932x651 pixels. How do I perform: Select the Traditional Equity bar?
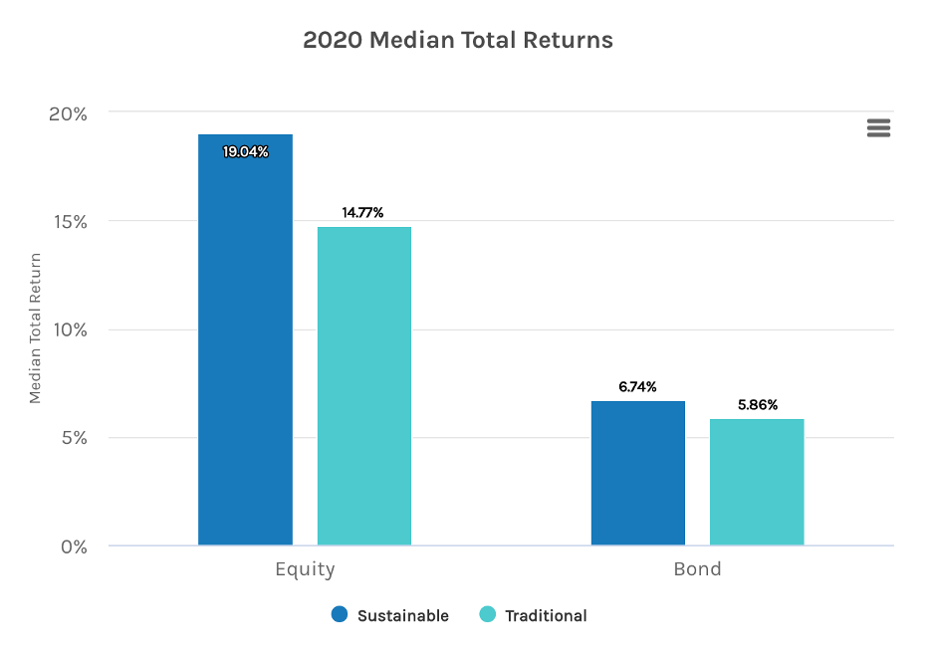[x=364, y=386]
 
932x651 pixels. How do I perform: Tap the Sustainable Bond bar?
[x=638, y=473]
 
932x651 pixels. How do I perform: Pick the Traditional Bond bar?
[x=757, y=482]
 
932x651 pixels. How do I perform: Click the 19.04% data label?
[x=245, y=152]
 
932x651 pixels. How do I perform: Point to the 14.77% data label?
[x=363, y=212]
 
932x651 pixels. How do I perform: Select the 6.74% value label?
[x=637, y=387]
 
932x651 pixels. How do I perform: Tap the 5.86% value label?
[x=757, y=405]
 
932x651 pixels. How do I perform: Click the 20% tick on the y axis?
[x=69, y=113]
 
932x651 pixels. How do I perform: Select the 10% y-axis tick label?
[x=69, y=330]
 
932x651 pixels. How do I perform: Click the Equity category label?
[x=305, y=570]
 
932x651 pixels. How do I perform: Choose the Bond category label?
[x=697, y=570]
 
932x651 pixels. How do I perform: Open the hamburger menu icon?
[x=878, y=127]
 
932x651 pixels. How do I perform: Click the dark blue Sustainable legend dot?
[x=340, y=615]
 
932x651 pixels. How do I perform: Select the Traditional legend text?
[x=546, y=616]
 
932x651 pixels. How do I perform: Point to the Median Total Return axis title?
[x=36, y=328]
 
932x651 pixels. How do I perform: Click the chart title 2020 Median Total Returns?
[x=458, y=41]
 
